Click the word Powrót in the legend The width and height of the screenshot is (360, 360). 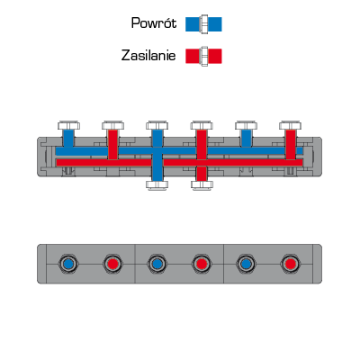point(154,23)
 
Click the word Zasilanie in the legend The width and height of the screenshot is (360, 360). point(148,56)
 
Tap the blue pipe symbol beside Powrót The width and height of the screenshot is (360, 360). point(203,24)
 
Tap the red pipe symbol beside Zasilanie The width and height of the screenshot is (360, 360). point(203,56)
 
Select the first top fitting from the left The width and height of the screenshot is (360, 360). point(68,125)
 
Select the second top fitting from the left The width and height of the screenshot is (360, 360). point(113,125)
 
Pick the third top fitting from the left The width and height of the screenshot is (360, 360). point(157,125)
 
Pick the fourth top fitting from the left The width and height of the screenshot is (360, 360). point(202,125)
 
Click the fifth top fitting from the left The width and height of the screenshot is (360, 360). point(246,125)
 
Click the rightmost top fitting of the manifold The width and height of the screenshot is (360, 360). point(291,125)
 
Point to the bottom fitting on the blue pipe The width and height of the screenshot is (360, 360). point(157,184)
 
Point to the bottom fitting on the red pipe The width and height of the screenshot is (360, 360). point(202,184)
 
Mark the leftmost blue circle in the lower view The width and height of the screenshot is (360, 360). point(68,264)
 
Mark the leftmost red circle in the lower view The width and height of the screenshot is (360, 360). point(113,264)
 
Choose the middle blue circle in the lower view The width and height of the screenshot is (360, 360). point(157,264)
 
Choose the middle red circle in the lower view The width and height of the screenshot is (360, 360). point(202,264)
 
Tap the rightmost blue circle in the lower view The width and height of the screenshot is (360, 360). point(246,264)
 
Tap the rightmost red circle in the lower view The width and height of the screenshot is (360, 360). point(291,264)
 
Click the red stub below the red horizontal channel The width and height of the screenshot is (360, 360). point(202,174)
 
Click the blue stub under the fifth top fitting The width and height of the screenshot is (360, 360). point(246,139)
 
